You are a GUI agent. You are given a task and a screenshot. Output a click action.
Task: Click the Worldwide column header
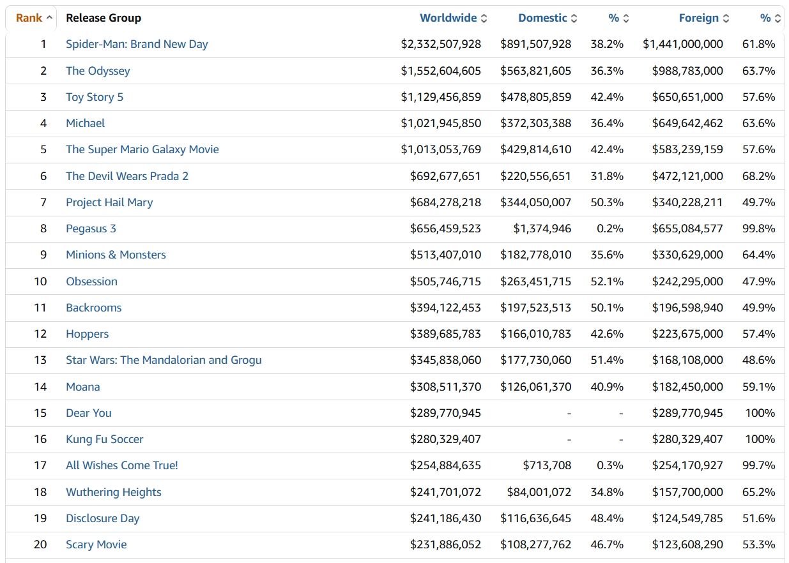[x=448, y=18]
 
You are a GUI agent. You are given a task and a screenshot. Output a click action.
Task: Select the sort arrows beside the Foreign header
[x=726, y=19]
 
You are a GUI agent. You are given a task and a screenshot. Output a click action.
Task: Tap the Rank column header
[x=29, y=18]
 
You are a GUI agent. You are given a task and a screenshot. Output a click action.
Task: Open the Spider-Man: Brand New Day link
[x=137, y=44]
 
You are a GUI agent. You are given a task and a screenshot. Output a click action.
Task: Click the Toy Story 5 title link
[x=95, y=97]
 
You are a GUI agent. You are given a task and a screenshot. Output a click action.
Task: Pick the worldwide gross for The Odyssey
[x=441, y=71]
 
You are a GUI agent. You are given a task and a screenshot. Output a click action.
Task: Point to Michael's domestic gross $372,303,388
[x=535, y=123]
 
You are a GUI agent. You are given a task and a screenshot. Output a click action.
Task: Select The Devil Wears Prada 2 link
[x=127, y=176]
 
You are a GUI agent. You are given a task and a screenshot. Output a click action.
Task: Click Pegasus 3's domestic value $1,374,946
[x=542, y=229]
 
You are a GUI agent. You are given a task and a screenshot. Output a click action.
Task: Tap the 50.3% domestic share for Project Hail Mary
[x=607, y=202]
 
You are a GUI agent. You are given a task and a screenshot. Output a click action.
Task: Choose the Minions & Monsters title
[x=116, y=255]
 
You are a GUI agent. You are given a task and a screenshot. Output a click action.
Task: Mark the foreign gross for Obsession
[x=687, y=281]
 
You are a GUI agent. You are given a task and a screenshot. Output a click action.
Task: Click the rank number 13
[x=40, y=360]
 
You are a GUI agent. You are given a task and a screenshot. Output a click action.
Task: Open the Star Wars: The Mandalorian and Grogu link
[x=164, y=360]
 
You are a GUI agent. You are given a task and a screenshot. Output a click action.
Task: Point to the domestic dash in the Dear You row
[x=569, y=413]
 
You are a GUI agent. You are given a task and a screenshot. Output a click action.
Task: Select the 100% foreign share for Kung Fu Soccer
[x=760, y=439]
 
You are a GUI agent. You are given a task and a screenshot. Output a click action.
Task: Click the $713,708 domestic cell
[x=547, y=465]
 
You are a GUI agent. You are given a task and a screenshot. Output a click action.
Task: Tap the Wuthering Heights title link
[x=114, y=492]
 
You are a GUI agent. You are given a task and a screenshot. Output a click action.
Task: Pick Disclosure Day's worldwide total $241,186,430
[x=445, y=518]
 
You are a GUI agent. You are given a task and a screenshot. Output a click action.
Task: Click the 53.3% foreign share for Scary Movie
[x=759, y=544]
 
